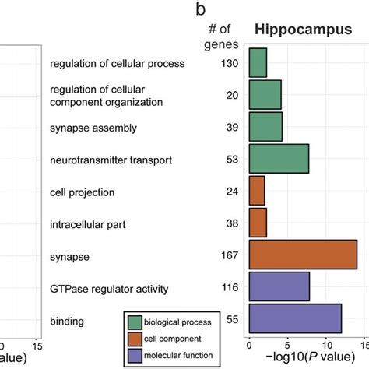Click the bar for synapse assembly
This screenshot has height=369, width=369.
[265, 127]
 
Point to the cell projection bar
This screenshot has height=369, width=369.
[257, 191]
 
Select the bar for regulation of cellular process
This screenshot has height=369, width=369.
[258, 62]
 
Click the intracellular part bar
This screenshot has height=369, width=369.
[258, 223]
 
